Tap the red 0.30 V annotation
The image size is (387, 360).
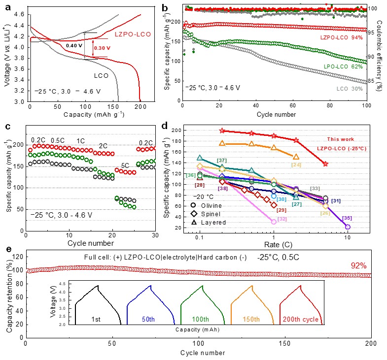pos(99,48)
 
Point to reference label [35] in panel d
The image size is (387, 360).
pos(347,218)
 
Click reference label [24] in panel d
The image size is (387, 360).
pos(296,164)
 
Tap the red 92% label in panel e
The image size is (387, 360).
pos(358,265)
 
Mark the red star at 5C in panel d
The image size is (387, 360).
pos(325,164)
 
